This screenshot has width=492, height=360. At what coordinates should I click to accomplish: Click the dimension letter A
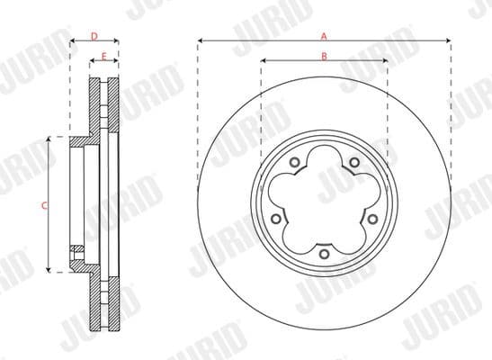pos(323,35)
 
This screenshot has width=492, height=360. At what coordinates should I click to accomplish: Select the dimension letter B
pos(323,56)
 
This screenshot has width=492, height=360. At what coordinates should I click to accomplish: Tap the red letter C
pos(44,205)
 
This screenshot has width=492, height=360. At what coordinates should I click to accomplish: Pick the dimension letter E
pos(104,56)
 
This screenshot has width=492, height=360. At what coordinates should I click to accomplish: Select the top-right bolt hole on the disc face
pos(354,163)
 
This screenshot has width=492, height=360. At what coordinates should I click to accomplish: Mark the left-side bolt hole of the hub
pos(273,218)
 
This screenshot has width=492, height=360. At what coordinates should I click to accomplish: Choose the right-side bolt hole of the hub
pos(372,218)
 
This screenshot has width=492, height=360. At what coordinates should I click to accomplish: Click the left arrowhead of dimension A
pos(200,40)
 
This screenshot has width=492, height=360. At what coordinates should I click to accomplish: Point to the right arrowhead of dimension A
pos(446,40)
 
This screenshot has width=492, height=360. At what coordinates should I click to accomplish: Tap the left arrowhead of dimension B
pos(264,61)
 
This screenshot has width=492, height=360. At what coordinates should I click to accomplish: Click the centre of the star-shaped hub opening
pos(323,200)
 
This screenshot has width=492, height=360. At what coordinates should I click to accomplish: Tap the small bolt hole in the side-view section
pos(77,249)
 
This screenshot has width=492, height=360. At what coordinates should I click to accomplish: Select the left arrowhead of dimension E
pos(91,61)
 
